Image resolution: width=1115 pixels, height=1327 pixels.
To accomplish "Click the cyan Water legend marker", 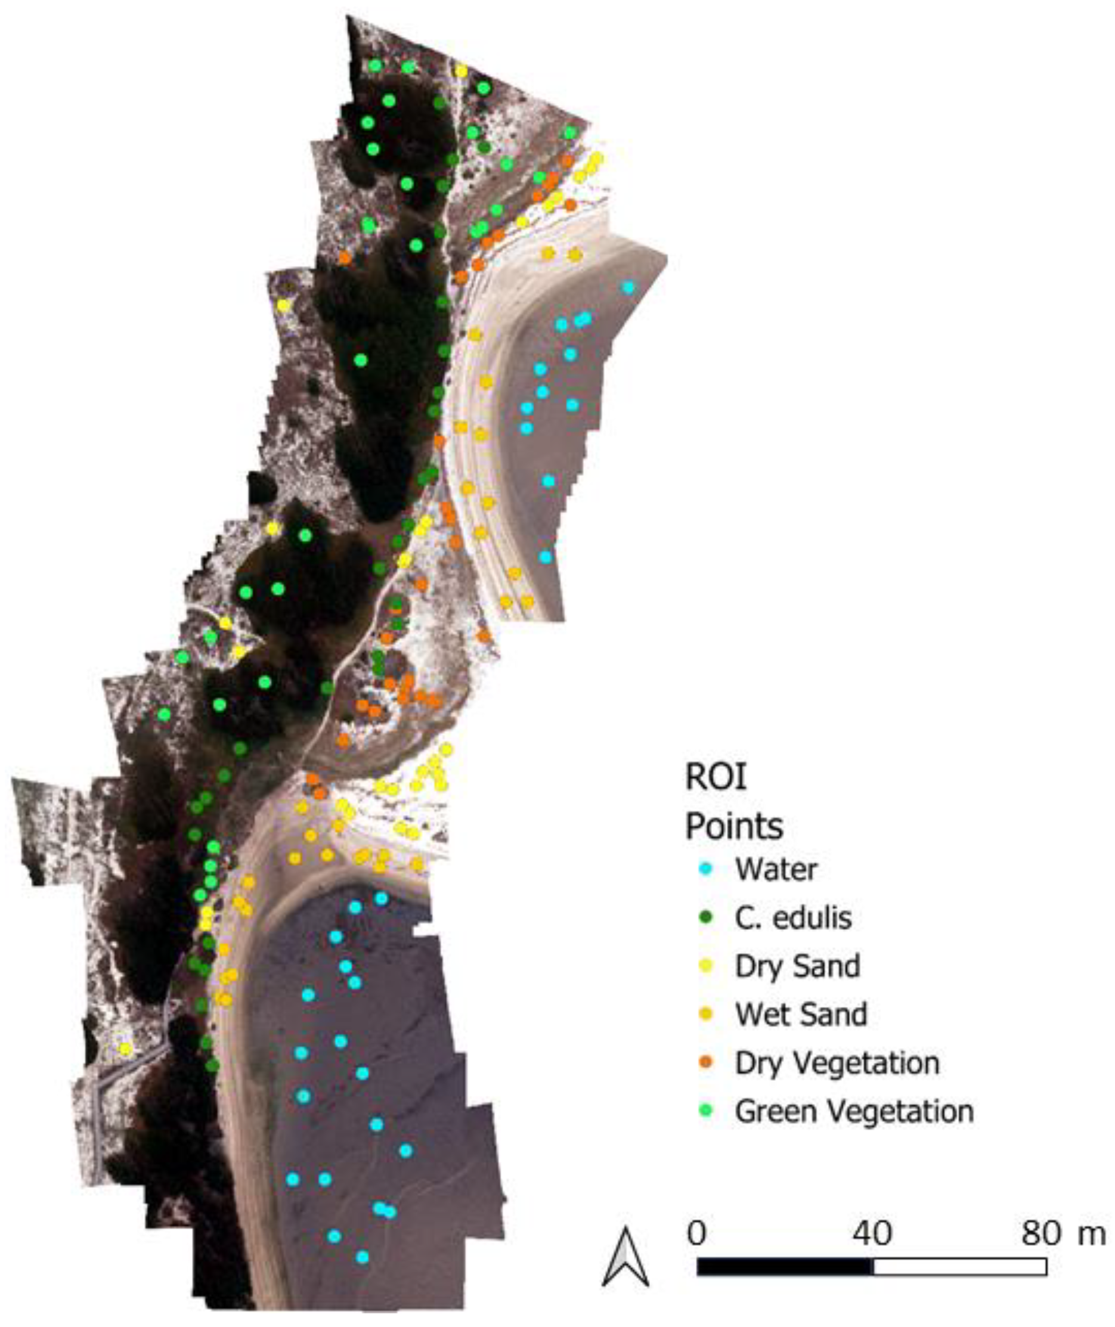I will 706,870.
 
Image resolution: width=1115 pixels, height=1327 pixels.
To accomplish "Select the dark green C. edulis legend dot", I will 706,917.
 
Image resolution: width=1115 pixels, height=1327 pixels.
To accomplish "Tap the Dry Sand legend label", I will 797,966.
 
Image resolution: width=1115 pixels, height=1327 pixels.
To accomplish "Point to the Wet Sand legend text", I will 801,1014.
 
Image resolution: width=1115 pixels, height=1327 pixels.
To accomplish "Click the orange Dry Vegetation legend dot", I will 706,1063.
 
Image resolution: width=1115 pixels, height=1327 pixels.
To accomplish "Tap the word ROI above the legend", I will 716,777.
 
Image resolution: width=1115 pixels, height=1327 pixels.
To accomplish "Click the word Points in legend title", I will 734,825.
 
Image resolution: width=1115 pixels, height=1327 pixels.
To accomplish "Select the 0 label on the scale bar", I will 696,1233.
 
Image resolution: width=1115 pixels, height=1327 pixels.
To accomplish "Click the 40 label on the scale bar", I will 872,1233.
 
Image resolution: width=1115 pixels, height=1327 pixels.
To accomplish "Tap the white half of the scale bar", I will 960,1266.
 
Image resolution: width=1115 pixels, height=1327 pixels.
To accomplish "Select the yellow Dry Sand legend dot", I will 706,966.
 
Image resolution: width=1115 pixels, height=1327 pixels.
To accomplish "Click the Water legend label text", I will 776,870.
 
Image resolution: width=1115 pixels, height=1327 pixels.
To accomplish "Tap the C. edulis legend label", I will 793,917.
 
